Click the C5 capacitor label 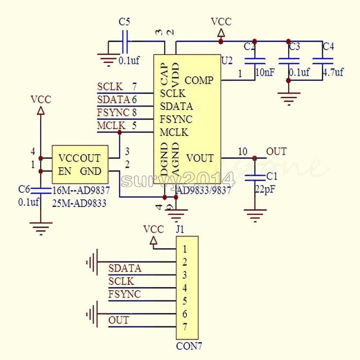pos(124,22)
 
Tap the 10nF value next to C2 pos(265,72)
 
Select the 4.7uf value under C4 pos(333,72)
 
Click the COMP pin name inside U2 pos(199,80)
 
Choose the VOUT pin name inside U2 pos(200,158)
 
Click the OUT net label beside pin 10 pos(276,151)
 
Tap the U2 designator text pos(227,61)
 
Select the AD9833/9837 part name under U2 pos(204,190)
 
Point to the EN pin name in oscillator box pos(65,171)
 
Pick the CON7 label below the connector pos(189,347)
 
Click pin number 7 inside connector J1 pos(185,327)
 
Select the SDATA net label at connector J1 pos(125,268)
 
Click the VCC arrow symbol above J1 pos(153,240)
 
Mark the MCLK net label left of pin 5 pos(111,126)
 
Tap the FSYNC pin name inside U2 pos(176,119)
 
